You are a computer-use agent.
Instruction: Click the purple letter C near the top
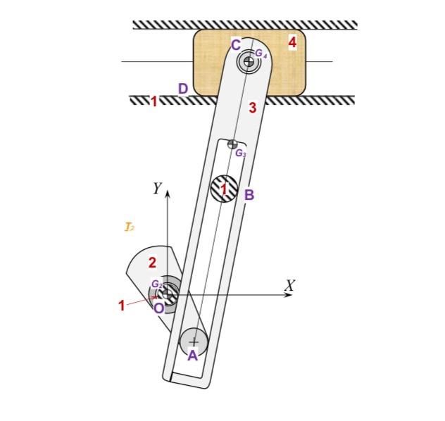tap(236, 45)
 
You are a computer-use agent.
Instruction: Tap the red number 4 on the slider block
tap(292, 43)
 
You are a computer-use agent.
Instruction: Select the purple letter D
tap(183, 89)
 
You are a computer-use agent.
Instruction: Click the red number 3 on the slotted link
tap(252, 108)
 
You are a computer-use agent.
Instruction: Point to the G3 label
tap(240, 153)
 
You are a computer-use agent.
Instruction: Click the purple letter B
tap(249, 194)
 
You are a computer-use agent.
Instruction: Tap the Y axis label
tap(157, 188)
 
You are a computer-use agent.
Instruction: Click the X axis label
tap(289, 285)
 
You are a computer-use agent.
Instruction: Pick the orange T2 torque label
tap(130, 227)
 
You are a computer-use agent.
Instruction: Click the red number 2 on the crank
tap(152, 263)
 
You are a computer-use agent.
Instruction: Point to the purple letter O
tap(159, 308)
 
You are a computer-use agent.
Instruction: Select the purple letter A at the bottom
tap(192, 356)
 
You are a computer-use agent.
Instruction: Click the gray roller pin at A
tap(194, 341)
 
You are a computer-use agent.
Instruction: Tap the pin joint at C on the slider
tap(248, 62)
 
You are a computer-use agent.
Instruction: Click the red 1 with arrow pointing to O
tap(121, 306)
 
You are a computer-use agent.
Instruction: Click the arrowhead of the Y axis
tap(168, 195)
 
